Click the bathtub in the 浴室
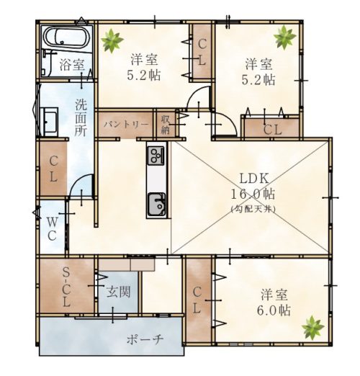(66, 38)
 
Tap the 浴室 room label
(72, 65)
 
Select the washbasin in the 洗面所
(49, 122)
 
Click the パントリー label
(126, 125)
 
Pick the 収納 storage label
(166, 125)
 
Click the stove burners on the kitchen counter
(156, 156)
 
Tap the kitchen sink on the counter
(156, 204)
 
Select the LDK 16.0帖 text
(253, 186)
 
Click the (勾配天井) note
(253, 209)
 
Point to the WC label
(52, 229)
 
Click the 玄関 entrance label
(119, 292)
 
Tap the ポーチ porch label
(145, 339)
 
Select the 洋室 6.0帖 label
(274, 303)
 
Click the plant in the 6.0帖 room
(313, 328)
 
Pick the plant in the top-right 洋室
(284, 37)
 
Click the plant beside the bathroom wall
(112, 40)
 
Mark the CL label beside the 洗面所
(53, 169)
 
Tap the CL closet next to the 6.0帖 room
(197, 300)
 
